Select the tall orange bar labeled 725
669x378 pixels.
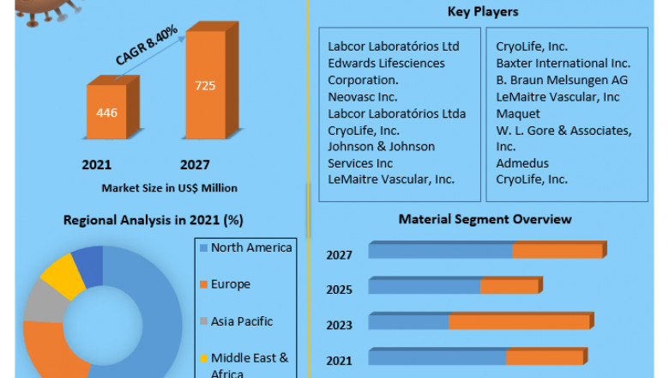coord(207,87)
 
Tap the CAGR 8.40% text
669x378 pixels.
coord(147,46)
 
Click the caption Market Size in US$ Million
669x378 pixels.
coord(169,187)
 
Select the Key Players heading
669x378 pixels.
coord(483,12)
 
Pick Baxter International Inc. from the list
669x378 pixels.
coord(563,63)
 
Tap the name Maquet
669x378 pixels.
coord(518,113)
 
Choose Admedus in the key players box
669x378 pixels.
coord(522,162)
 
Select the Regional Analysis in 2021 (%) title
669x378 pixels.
coord(153,220)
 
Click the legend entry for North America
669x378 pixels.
coord(250,247)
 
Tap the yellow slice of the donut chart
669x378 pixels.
coord(62,275)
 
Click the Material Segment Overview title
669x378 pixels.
coord(485,219)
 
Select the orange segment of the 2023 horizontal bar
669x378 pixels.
coord(519,321)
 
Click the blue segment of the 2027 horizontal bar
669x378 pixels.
coord(440,250)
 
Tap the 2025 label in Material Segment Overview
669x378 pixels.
coord(339,289)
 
